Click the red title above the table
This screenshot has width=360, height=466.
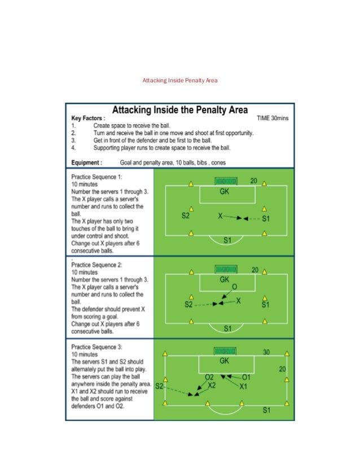click(x=180, y=81)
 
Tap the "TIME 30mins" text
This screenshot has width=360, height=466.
click(x=273, y=118)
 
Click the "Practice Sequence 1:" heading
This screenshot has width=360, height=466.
click(x=96, y=177)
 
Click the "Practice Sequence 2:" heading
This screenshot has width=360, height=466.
click(x=96, y=264)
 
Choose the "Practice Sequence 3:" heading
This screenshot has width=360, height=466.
click(x=96, y=346)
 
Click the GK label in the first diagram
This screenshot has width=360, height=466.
click(x=225, y=192)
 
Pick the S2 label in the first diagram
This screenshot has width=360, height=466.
click(x=185, y=216)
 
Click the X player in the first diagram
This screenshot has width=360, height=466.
click(x=221, y=216)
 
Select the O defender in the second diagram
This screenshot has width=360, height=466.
click(x=235, y=287)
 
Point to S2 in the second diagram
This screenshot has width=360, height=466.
click(x=189, y=304)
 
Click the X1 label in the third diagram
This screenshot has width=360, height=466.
click(x=243, y=386)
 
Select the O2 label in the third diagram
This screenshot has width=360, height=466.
click(x=209, y=376)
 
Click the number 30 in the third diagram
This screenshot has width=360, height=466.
click(x=266, y=352)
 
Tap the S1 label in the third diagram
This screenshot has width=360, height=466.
click(x=266, y=410)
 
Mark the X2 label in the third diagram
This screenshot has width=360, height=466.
click(x=212, y=385)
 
